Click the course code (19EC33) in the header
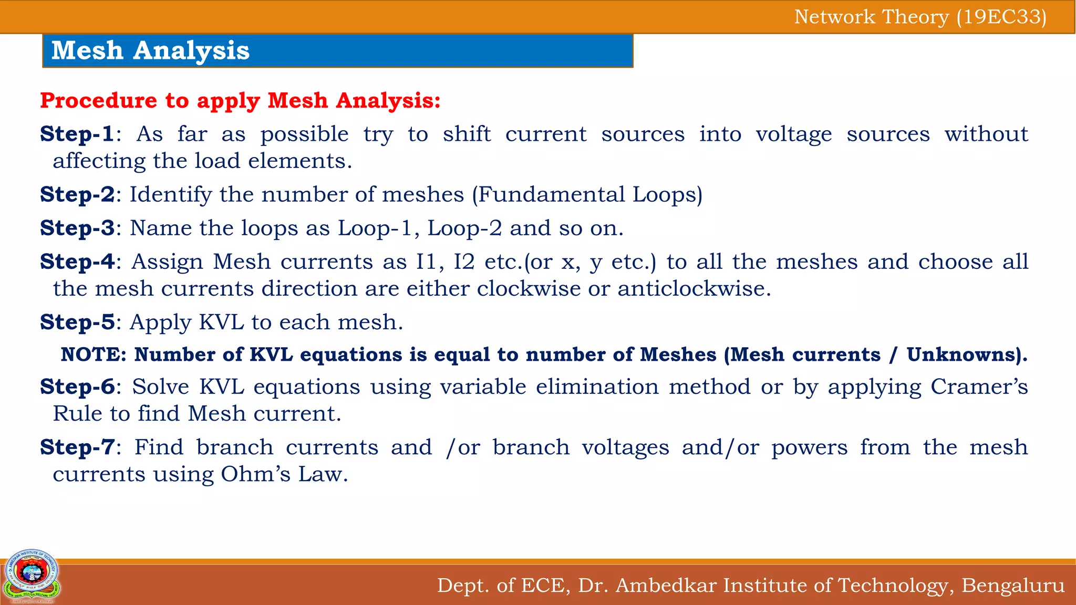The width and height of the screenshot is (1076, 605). click(x=1001, y=17)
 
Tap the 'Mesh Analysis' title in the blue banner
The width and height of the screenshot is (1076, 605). click(x=150, y=51)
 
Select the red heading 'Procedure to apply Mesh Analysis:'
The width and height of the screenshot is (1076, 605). click(x=240, y=100)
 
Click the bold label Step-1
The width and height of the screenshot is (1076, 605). click(x=77, y=134)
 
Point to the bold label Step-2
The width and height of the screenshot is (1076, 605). click(x=77, y=194)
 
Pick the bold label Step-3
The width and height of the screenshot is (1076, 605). click(x=77, y=228)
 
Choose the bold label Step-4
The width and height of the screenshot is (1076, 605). click(x=77, y=262)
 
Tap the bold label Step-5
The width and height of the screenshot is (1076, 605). click(x=77, y=322)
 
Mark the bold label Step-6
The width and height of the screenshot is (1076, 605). click(x=77, y=387)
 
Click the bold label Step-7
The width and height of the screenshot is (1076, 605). click(x=77, y=447)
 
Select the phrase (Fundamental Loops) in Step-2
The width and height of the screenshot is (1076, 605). click(x=587, y=194)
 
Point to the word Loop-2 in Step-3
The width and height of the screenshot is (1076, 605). click(x=464, y=228)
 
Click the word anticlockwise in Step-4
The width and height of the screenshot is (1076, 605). click(x=694, y=288)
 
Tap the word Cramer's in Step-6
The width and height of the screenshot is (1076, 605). click(x=979, y=387)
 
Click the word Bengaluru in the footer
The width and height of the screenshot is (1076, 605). click(x=1013, y=585)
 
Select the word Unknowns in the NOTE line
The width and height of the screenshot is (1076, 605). click(x=963, y=354)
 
